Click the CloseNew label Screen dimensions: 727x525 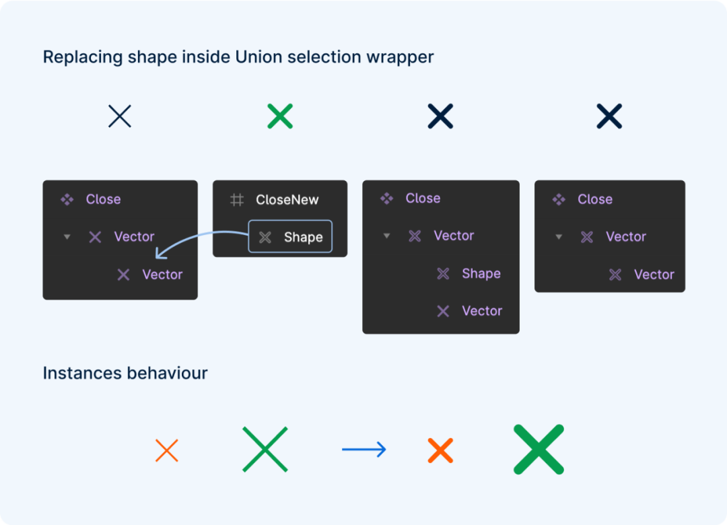(287, 200)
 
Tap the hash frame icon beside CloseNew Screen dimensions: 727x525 (237, 200)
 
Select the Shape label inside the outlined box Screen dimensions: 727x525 (303, 238)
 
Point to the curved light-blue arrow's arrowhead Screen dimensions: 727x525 (160, 253)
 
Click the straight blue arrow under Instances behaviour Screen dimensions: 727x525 (364, 450)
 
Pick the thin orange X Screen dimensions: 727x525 (167, 450)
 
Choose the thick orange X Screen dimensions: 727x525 (440, 450)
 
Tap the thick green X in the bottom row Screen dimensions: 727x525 (539, 450)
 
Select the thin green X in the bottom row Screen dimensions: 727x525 (265, 450)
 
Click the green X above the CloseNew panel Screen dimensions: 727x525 (280, 116)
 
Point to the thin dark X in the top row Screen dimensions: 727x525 (120, 116)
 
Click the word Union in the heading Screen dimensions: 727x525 (258, 57)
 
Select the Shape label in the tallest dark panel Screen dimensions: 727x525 (481, 274)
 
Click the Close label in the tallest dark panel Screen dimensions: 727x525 (423, 199)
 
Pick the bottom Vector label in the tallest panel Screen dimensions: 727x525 (482, 311)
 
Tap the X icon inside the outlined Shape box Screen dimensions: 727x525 (265, 238)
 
